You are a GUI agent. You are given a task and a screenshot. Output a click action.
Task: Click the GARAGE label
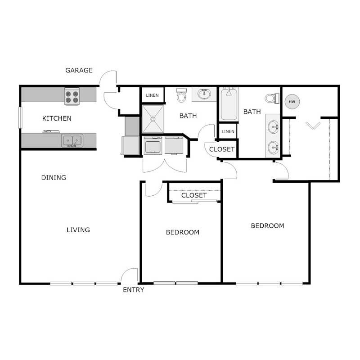pos(79,70)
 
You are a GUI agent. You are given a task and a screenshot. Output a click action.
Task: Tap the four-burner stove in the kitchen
pos(72,96)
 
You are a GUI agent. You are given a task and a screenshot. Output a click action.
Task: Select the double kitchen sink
pos(72,141)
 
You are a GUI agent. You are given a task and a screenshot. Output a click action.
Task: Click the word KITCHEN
pos(57,118)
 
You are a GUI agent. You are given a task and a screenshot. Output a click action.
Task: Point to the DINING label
pos(54,177)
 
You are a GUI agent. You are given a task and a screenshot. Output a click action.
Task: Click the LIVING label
pos(78,229)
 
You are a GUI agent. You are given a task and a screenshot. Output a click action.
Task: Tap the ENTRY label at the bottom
pos(134,290)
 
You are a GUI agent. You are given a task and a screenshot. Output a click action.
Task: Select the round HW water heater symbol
pos(292,102)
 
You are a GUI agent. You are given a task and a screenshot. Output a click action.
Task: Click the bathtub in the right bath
pos(229,104)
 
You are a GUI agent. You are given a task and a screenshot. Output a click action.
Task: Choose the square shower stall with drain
pos(153,119)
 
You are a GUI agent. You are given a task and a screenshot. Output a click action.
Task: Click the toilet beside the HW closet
pos(271,98)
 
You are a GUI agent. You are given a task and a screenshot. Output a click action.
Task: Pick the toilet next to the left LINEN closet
pos(181,95)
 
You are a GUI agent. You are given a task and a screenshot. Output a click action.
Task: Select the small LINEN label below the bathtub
pos(228,131)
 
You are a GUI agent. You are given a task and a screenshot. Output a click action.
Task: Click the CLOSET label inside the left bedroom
pos(194,195)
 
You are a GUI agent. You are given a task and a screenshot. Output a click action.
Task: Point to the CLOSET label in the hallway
pos(222,149)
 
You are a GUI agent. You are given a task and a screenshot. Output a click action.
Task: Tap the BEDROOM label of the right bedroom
pos(267,225)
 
